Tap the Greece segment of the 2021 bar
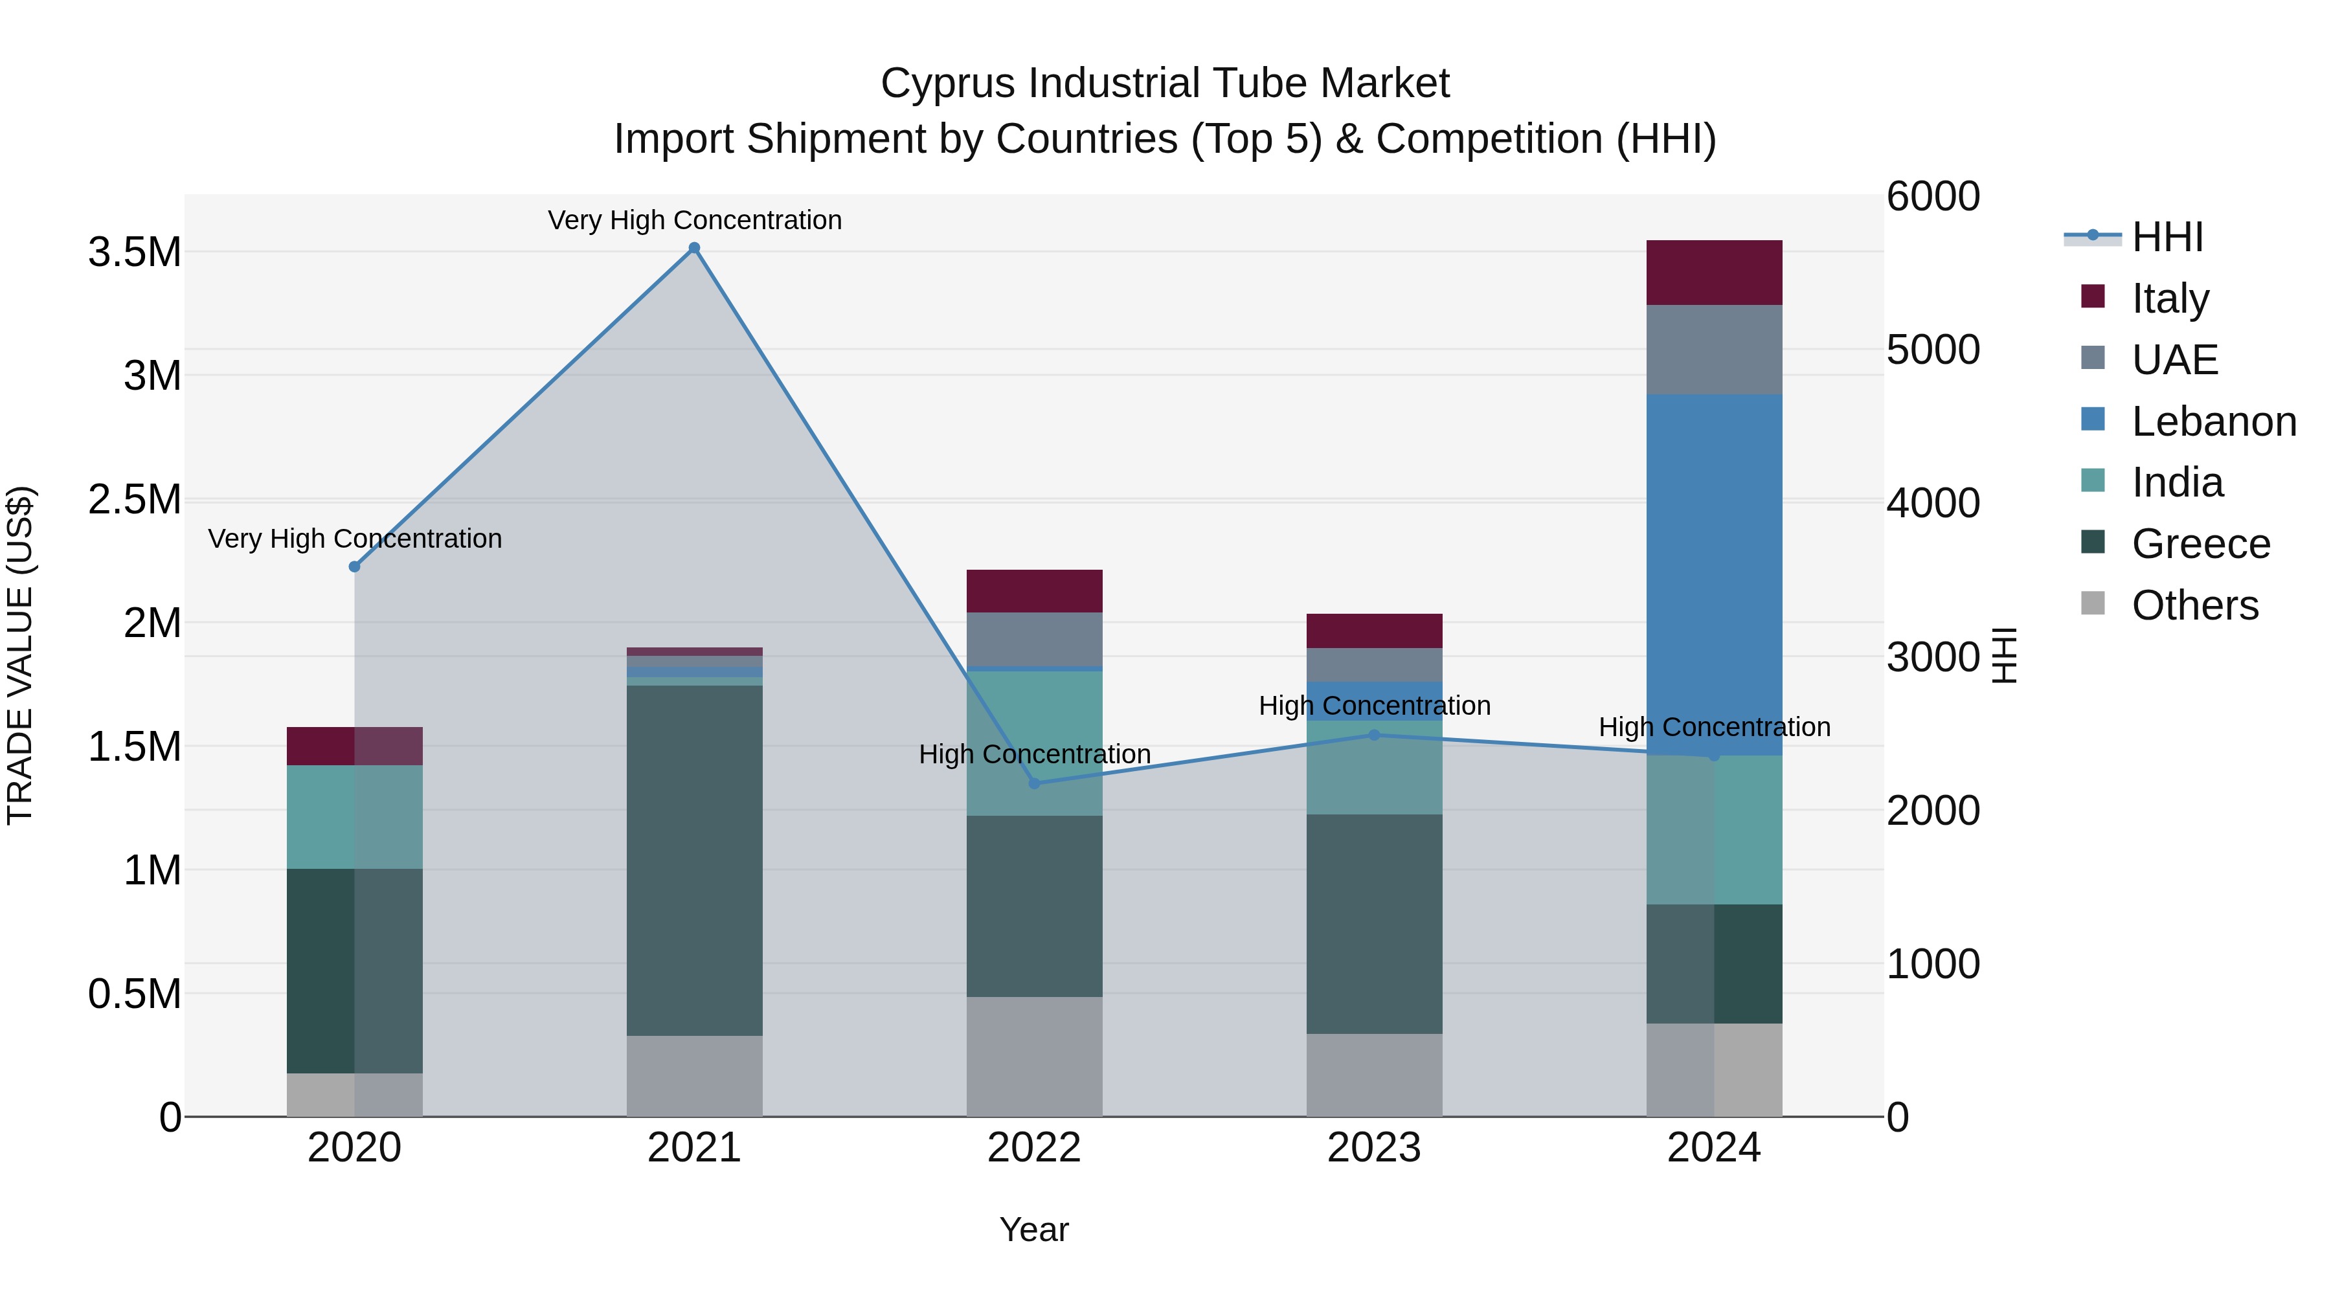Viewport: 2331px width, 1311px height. [694, 860]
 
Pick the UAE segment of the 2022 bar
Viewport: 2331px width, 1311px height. [1034, 639]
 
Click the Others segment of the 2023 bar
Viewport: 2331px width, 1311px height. [1373, 1075]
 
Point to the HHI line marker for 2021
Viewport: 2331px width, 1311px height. [694, 248]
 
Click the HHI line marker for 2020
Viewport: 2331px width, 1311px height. [355, 566]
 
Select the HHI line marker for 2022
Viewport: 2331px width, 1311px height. [1034, 783]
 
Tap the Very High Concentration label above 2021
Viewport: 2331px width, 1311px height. [694, 220]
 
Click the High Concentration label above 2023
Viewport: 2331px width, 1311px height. [1373, 705]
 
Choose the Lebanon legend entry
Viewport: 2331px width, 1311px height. [2213, 421]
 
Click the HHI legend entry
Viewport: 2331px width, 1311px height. [2167, 237]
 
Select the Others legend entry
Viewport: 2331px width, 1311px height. [2194, 605]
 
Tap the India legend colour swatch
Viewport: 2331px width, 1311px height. [2092, 481]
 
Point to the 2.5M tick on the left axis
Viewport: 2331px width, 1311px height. [134, 499]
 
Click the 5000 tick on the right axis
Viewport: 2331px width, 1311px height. [1933, 350]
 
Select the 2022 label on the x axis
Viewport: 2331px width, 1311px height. [1034, 1148]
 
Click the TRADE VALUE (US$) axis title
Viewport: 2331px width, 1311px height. [20, 655]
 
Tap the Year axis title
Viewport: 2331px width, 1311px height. [1033, 1229]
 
